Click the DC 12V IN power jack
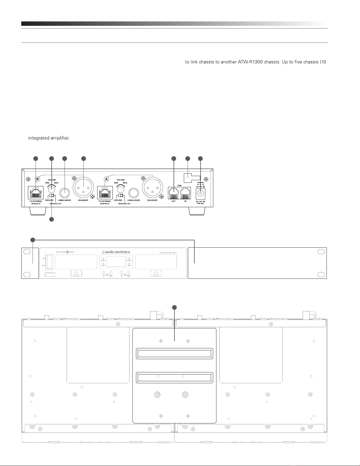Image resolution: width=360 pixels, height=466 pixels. pos(201,193)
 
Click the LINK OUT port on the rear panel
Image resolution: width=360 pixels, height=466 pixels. pos(174,192)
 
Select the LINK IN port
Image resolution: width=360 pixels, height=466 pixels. pos(186,192)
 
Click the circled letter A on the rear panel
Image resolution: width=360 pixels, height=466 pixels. pos(107,178)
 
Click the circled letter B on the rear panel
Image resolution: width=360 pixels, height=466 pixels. pos(37,179)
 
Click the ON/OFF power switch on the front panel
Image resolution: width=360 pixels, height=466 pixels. pos(49,261)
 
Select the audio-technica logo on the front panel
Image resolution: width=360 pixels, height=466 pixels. pos(116,251)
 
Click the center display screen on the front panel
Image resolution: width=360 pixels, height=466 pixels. pos(116,262)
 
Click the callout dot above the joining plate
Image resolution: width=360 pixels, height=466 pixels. pos(174,307)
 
